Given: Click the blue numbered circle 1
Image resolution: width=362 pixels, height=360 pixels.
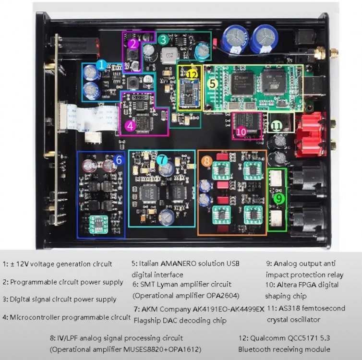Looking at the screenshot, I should (101, 64).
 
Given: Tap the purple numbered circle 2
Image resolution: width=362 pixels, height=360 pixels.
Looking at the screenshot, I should (134, 44).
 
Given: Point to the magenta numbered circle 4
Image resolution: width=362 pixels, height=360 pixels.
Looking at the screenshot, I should (131, 126).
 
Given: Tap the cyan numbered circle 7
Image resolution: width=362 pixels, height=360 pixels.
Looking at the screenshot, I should (162, 159).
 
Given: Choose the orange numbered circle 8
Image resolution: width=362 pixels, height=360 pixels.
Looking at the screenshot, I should (206, 161).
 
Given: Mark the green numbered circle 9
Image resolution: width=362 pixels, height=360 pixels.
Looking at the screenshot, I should (278, 197).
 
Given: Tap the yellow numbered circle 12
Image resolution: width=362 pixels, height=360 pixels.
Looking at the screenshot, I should (192, 74).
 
